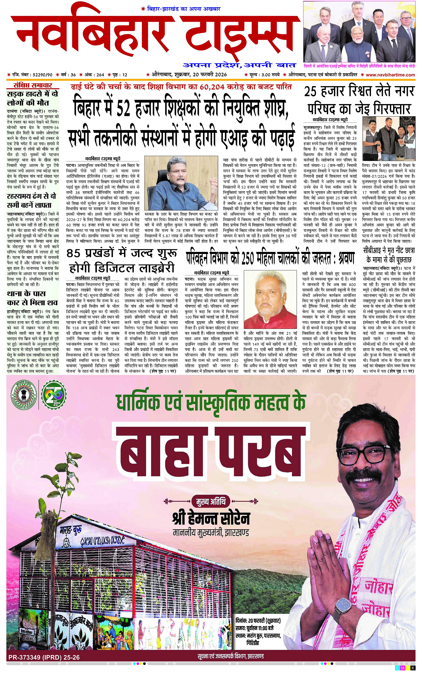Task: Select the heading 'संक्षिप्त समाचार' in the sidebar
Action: (33, 85)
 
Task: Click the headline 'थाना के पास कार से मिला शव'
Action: (32, 298)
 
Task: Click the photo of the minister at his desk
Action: (181, 183)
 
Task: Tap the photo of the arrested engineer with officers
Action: (389, 138)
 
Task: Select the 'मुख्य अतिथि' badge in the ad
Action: (211, 501)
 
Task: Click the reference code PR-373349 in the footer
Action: (44, 657)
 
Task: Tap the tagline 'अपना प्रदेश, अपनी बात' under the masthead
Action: (239, 65)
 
